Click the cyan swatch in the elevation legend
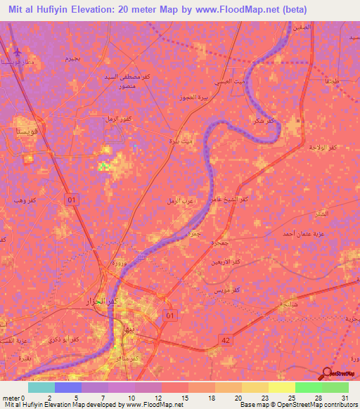[40, 387]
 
